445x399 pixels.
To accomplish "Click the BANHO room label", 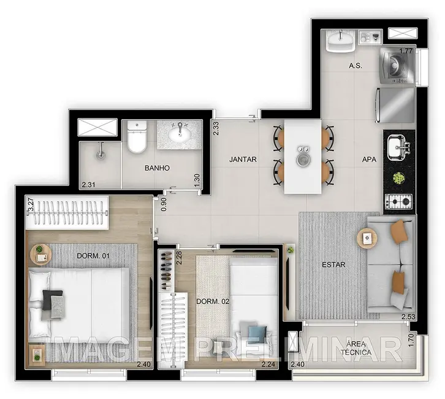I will click(x=157, y=168).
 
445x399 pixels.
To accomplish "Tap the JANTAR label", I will click(x=243, y=160).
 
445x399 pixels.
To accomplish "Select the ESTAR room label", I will click(x=333, y=265).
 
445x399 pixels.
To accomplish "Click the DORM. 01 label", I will click(x=93, y=255).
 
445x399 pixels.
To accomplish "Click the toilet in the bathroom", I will click(x=137, y=138).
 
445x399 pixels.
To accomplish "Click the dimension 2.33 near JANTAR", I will click(x=216, y=128).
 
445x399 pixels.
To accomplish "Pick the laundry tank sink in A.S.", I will click(x=339, y=41).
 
